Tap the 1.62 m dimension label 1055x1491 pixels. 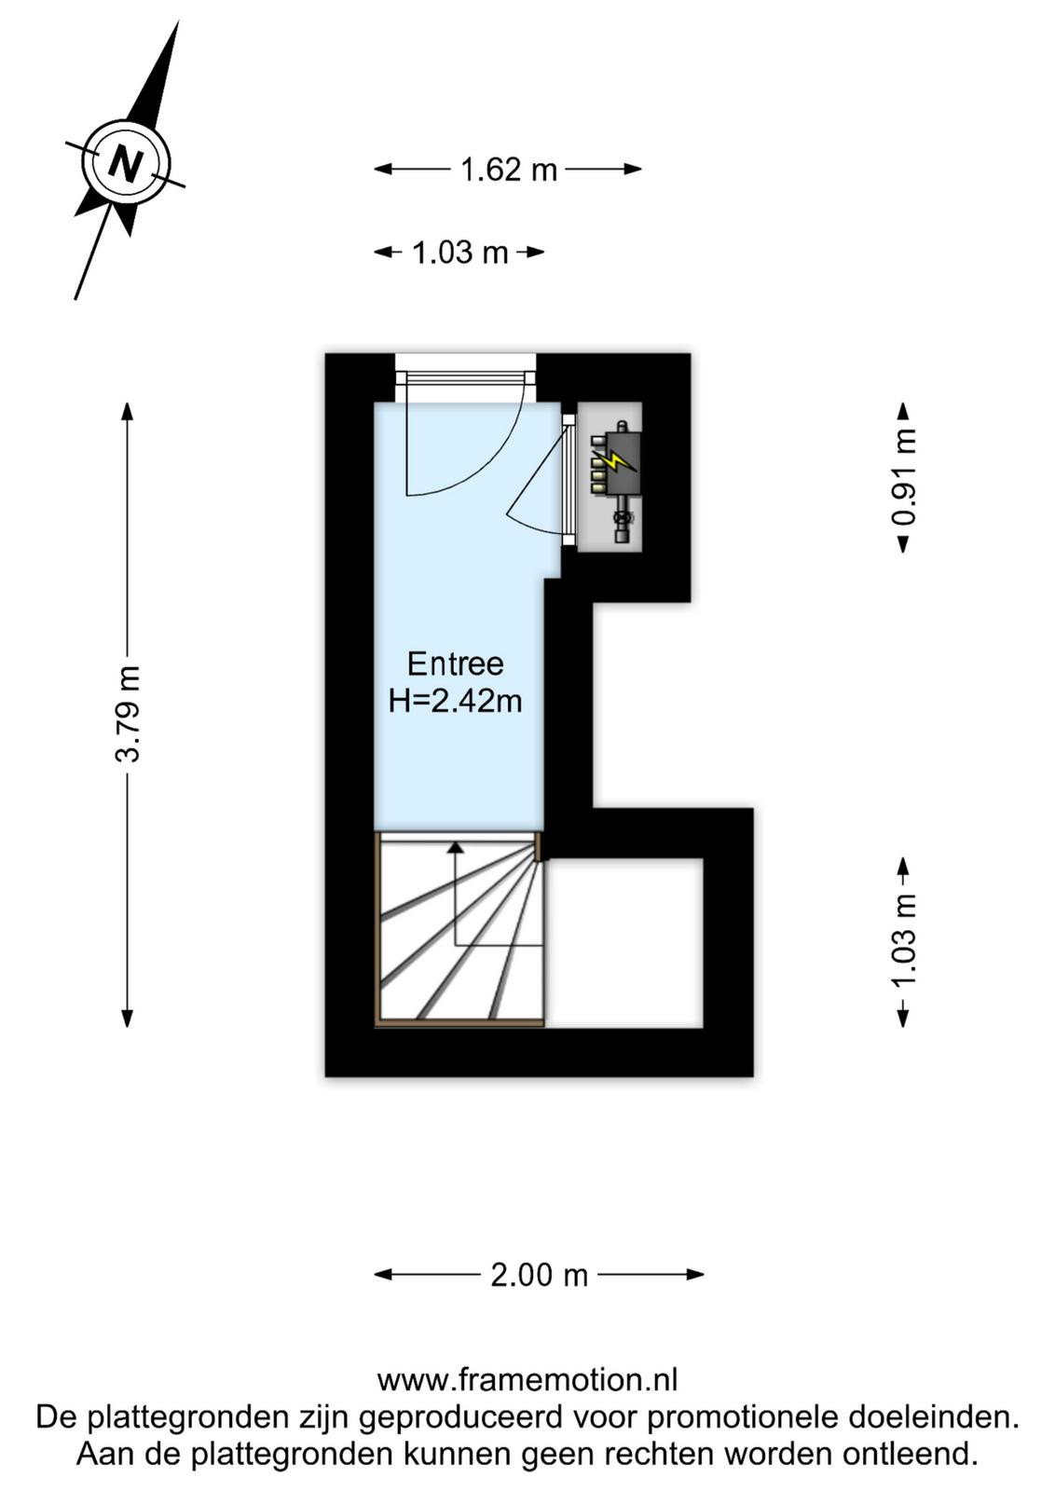tap(509, 170)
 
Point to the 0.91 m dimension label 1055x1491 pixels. tap(904, 477)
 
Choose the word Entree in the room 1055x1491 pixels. tap(456, 664)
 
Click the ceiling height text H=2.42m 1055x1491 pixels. tap(456, 701)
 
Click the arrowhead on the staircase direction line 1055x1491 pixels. tap(456, 847)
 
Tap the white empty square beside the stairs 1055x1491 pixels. tap(624, 942)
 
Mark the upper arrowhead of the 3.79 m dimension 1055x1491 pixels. tap(127, 411)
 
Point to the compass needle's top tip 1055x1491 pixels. tap(178, 22)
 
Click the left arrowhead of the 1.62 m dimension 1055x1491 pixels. tap(383, 169)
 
